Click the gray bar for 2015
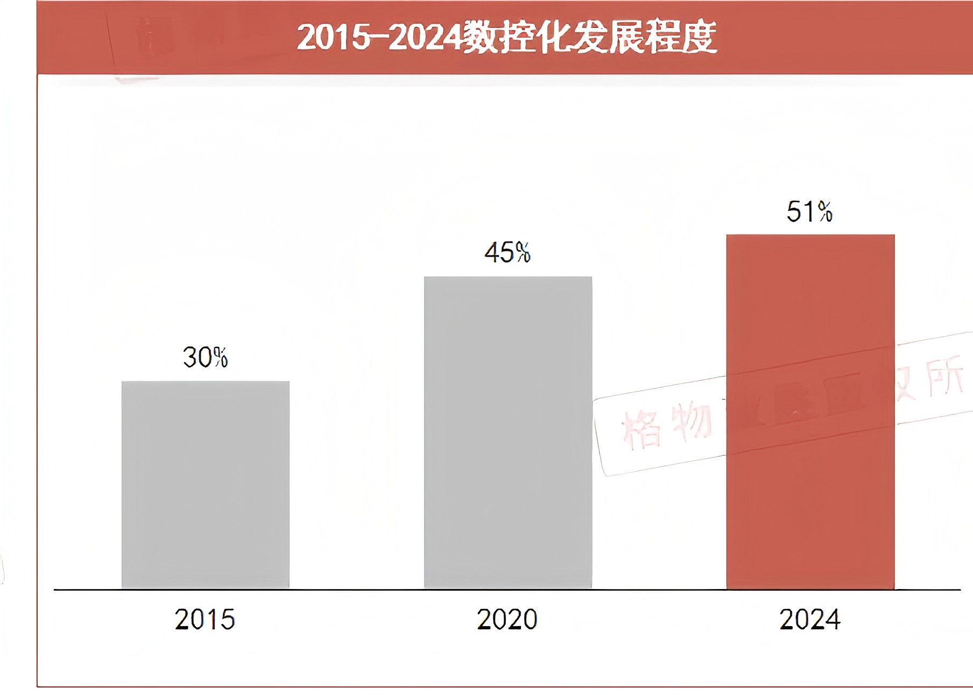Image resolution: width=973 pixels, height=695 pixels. click(205, 484)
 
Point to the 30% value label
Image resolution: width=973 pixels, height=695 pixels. click(205, 357)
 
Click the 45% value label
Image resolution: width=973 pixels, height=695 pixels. click(507, 252)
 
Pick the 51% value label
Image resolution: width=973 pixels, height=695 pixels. click(809, 211)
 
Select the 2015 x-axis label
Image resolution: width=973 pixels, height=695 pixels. click(205, 619)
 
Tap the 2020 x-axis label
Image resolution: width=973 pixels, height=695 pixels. click(507, 619)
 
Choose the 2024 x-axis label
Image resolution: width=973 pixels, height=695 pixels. click(809, 619)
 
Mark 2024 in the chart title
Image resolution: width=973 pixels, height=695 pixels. click(425, 38)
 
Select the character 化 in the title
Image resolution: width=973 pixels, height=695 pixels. click(555, 38)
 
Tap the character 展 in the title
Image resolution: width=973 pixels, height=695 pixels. click(626, 38)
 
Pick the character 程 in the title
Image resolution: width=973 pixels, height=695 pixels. click(662, 38)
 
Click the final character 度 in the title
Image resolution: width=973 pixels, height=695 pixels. click(699, 38)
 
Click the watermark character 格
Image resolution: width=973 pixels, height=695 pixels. click(641, 428)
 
